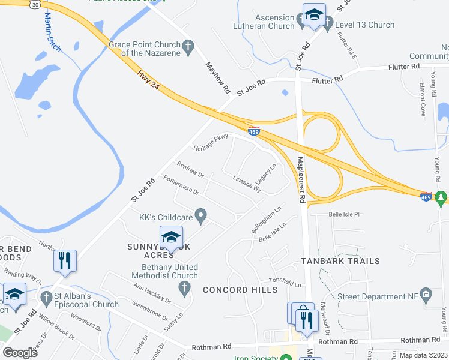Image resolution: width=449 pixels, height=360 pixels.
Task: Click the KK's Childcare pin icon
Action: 201,215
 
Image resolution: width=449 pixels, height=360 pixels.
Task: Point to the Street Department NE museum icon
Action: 426,294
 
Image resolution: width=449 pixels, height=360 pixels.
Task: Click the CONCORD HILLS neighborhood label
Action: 240,290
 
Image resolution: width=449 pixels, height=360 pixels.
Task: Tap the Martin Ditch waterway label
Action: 50,31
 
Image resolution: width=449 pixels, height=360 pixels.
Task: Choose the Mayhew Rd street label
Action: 218,78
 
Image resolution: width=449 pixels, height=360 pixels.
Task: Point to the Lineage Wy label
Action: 247,183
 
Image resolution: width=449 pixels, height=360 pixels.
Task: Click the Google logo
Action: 20,353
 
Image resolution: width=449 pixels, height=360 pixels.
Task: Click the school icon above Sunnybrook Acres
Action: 171,237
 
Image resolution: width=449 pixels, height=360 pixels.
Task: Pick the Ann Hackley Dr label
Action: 152,293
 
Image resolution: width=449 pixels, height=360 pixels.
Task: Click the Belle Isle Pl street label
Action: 343,214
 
